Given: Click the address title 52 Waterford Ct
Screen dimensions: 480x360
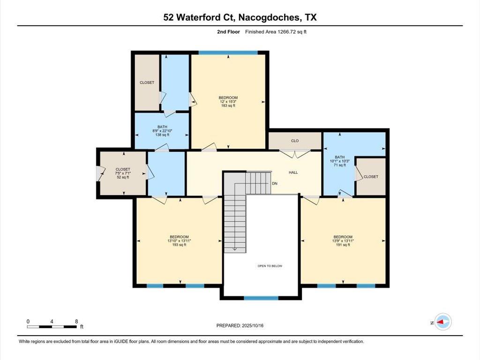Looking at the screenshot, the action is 199,17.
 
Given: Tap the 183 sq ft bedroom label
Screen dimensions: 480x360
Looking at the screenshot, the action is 228,102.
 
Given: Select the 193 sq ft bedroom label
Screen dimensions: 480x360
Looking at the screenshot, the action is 179,240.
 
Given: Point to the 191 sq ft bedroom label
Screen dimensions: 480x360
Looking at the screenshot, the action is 343,240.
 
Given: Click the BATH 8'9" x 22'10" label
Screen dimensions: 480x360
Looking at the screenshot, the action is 162,131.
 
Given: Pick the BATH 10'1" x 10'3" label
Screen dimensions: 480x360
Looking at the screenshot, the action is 339,161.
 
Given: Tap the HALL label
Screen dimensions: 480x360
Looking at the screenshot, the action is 293,172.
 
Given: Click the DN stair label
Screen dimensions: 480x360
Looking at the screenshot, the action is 275,183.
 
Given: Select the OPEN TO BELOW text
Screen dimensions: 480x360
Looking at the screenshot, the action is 270,266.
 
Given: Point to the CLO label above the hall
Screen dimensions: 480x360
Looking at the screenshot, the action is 295,141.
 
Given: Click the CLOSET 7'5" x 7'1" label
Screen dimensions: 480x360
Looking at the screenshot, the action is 123,173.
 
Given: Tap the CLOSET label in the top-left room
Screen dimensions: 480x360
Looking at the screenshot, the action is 147,82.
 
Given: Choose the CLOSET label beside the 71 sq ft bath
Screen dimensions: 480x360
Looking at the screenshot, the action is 371,177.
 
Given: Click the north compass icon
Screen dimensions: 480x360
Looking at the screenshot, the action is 442,322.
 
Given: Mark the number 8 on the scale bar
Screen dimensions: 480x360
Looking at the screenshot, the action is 76,322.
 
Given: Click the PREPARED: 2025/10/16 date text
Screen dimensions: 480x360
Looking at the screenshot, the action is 240,325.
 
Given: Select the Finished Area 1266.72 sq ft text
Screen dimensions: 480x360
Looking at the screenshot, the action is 276,31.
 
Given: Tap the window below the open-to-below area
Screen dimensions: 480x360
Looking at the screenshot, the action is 261,298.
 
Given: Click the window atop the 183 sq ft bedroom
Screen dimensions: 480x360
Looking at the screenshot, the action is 228,52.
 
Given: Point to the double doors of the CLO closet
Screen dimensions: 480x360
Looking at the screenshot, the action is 295,154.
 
